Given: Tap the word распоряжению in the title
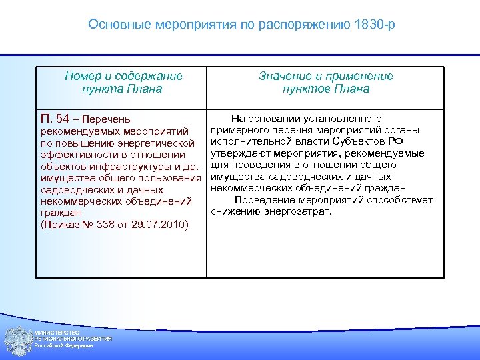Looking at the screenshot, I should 297,25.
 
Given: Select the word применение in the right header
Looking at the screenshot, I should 359,77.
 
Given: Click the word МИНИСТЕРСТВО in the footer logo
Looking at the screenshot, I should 57,333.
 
